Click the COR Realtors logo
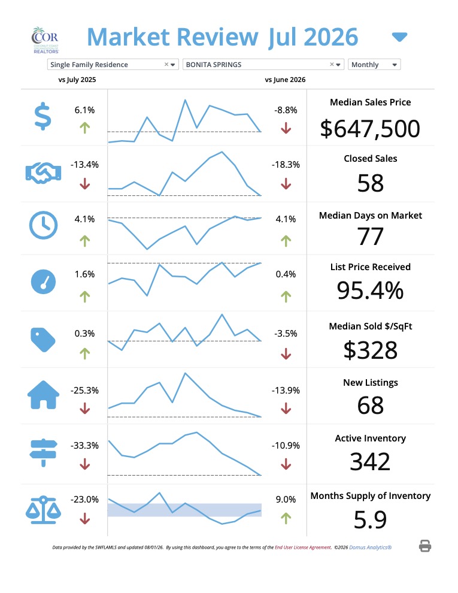pyautogui.click(x=45, y=40)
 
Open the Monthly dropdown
pyautogui.click(x=374, y=65)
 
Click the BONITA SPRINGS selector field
pyautogui.click(x=263, y=65)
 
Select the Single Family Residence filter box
pyautogui.click(x=113, y=65)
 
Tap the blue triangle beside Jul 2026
pyautogui.click(x=399, y=37)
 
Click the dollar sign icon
pyautogui.click(x=43, y=116)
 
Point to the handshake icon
pyautogui.click(x=43, y=173)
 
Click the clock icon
pyautogui.click(x=44, y=225)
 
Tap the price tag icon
pyautogui.click(x=43, y=340)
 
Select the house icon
pyautogui.click(x=44, y=395)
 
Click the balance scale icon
pyautogui.click(x=43, y=510)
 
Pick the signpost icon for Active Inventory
pyautogui.click(x=44, y=453)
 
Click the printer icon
pyautogui.click(x=425, y=546)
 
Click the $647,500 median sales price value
pyautogui.click(x=370, y=129)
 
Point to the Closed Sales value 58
pyautogui.click(x=371, y=183)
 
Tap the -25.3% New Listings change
pyautogui.click(x=84, y=391)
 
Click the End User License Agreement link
pyautogui.click(x=303, y=547)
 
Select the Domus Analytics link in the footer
pyautogui.click(x=371, y=547)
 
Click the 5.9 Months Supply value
pyautogui.click(x=370, y=520)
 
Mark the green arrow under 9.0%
pyautogui.click(x=286, y=518)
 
